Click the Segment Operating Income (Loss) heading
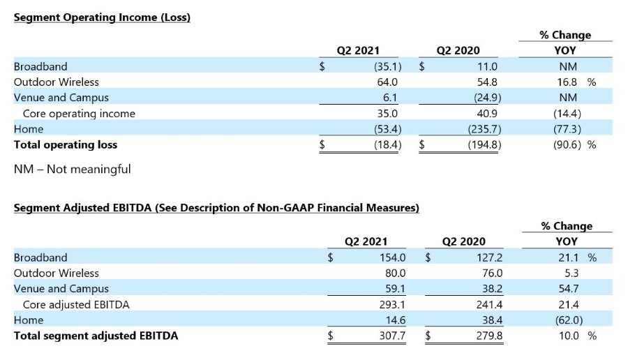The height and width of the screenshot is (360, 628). [102, 17]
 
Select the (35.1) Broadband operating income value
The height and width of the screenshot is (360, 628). [388, 66]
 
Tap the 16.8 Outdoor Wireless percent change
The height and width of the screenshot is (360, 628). [567, 82]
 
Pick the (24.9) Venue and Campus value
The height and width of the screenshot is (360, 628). [488, 98]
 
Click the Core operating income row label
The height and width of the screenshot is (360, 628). [79, 114]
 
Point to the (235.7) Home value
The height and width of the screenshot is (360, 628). [485, 129]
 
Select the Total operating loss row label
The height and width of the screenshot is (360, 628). [66, 144]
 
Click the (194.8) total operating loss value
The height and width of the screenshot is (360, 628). [485, 144]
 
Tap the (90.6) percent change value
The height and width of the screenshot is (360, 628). [567, 144]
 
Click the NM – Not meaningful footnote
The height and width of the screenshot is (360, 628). [73, 170]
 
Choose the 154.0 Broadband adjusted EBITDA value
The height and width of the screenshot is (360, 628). [392, 257]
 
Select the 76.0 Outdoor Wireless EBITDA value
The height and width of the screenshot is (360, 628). [492, 273]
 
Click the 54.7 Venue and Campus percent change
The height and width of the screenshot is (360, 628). [568, 289]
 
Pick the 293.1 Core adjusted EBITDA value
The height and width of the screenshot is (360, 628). [392, 305]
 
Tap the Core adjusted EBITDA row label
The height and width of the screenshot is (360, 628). [76, 305]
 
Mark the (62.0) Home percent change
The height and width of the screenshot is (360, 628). [569, 320]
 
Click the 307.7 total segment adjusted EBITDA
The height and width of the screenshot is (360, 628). [392, 336]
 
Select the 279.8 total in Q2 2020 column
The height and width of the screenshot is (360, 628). [489, 336]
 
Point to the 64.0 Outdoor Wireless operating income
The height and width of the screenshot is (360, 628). [387, 82]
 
